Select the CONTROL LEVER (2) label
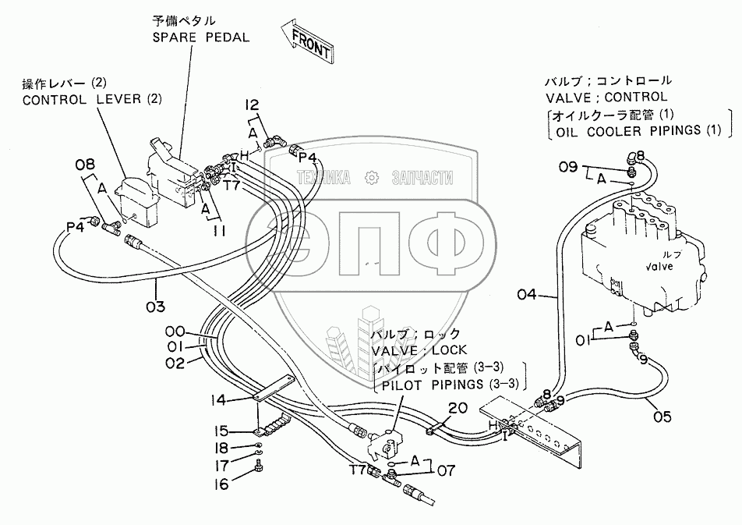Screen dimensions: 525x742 click(x=92, y=99)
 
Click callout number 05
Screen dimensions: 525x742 click(x=662, y=417)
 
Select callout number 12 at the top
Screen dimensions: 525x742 click(x=252, y=105)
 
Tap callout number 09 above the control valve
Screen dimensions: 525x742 click(x=567, y=166)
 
